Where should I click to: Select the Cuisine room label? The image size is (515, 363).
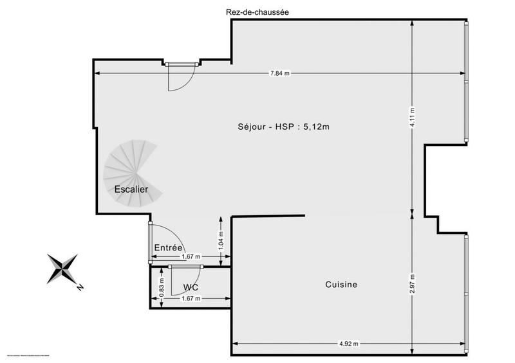pos(341,284)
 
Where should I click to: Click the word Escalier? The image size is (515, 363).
pos(131,190)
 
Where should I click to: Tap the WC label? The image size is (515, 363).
pos(191,287)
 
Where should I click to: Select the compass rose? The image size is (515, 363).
pos(63,269)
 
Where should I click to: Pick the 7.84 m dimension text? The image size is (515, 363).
pos(280,73)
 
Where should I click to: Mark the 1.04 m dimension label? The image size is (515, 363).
pos(221,240)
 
